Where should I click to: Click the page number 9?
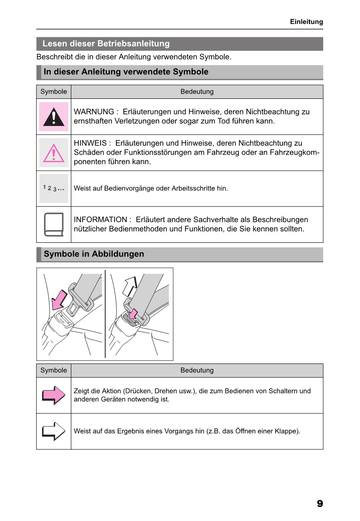(320, 504)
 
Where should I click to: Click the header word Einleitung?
(306, 21)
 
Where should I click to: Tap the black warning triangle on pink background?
(53, 117)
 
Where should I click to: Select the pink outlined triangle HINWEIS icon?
(53, 153)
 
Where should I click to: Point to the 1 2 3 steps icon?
(53, 188)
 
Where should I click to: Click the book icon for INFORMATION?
(53, 224)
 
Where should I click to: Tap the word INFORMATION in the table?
(100, 220)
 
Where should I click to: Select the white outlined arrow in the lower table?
(53, 431)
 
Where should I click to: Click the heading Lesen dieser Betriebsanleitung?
(106, 44)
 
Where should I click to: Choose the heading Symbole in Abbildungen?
(94, 254)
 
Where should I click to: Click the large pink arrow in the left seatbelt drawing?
(59, 300)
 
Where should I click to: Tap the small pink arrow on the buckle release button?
(134, 314)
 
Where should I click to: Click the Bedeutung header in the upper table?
(197, 92)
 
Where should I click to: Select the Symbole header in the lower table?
(53, 371)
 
